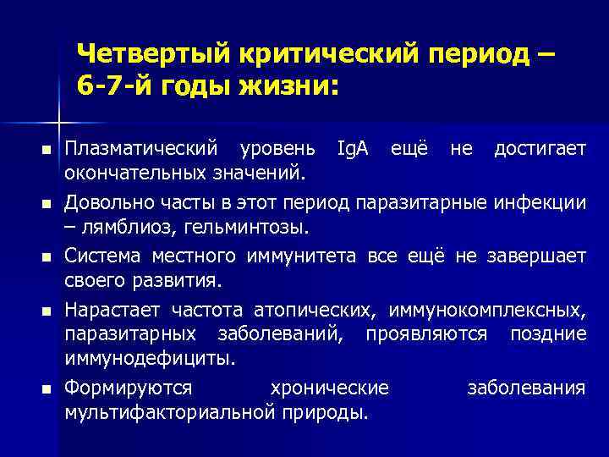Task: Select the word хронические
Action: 329,388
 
